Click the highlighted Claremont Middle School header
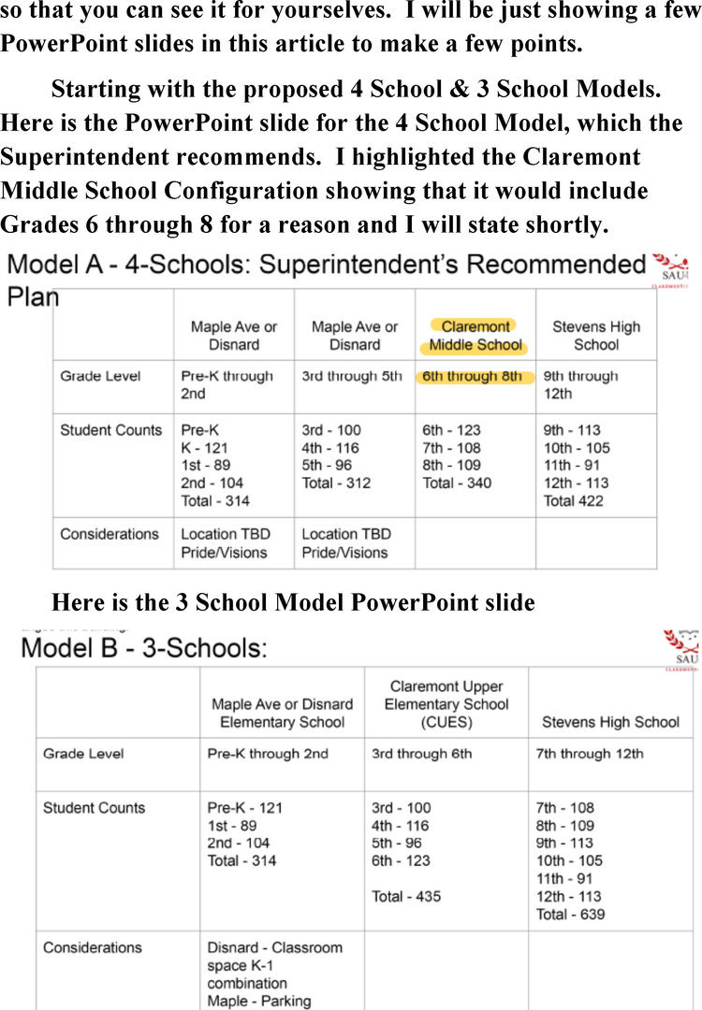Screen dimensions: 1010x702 (475, 336)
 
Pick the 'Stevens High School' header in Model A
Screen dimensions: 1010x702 (596, 336)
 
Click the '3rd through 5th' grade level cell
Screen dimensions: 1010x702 (352, 377)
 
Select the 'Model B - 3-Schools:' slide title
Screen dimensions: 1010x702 (143, 648)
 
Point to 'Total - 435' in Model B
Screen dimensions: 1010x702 (406, 897)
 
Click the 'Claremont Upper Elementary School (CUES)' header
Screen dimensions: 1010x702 (446, 704)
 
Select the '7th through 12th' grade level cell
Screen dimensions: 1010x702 (590, 754)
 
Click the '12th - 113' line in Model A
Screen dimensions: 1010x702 (576, 483)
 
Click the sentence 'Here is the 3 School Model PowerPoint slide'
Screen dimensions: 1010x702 (293, 602)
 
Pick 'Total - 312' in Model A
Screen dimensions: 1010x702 (336, 483)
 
